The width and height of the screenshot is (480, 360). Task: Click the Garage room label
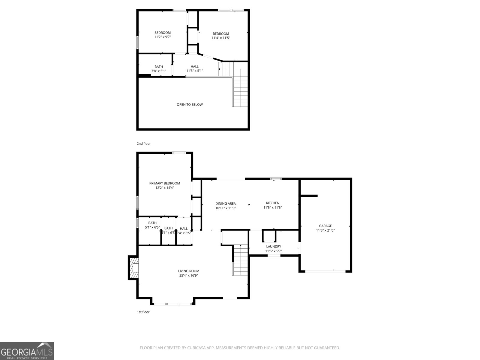tap(325, 226)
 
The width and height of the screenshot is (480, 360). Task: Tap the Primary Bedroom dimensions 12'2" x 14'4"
tap(164, 188)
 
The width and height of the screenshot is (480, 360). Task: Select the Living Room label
tap(188, 271)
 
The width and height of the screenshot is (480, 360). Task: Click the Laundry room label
tap(273, 247)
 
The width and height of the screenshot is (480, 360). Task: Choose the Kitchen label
tap(272, 203)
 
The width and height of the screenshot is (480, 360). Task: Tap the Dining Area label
tap(225, 203)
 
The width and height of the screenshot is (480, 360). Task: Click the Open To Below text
tap(190, 105)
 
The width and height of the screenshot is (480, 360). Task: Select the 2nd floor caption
tap(144, 144)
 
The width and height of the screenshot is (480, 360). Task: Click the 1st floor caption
tap(143, 312)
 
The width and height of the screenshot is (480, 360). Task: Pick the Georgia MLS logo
tap(27, 351)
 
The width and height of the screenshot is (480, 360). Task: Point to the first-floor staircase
tap(240, 260)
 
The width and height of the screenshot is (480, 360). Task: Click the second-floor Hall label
tap(194, 67)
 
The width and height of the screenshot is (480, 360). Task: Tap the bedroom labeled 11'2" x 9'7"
tap(162, 35)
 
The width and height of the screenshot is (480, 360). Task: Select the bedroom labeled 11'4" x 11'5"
tap(221, 36)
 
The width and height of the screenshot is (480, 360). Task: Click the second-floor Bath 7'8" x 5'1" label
tap(159, 69)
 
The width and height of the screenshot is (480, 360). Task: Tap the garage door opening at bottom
tap(325, 271)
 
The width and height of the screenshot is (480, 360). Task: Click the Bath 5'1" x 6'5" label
tap(152, 225)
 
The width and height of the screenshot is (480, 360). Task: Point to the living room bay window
tap(173, 304)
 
